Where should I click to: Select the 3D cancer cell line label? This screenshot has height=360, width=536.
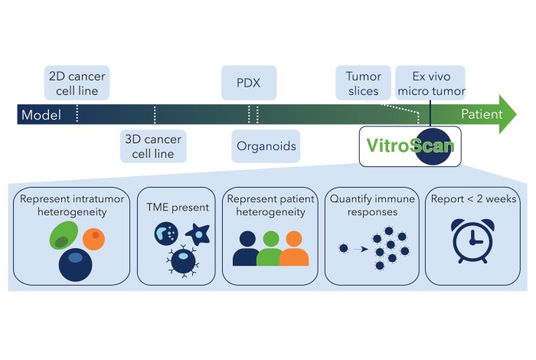coord(154,146)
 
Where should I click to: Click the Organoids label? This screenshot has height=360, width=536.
coord(264,146)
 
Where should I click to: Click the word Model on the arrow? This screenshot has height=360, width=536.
coord(41,115)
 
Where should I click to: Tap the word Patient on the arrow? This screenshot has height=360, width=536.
coord(482,115)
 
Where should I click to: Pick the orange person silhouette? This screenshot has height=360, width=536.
coord(293,249)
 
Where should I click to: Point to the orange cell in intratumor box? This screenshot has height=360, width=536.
coord(94,238)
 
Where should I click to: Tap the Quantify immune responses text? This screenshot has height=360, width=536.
coord(372,204)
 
